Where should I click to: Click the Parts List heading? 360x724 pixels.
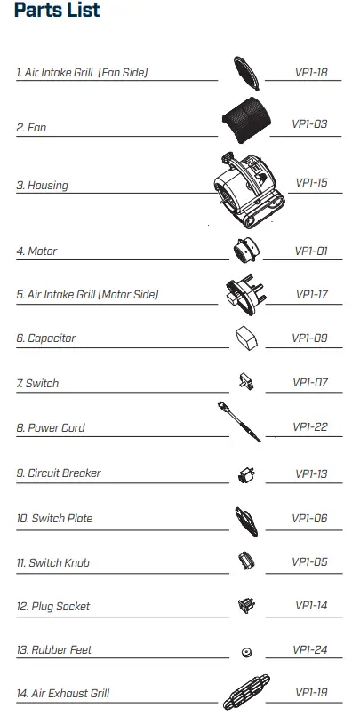[x=57, y=10]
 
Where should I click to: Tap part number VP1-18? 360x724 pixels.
[x=311, y=72]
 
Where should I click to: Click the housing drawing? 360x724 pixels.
[x=250, y=191]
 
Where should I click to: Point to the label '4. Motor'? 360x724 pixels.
[x=37, y=251]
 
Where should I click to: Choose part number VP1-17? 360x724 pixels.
[x=311, y=295]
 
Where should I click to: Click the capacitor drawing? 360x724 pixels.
[x=246, y=338]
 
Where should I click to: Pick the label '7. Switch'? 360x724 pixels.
[x=38, y=383]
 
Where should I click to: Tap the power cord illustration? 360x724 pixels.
[x=239, y=422]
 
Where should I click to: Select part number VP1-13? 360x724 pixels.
[x=311, y=473]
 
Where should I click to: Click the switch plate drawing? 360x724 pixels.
[x=246, y=521]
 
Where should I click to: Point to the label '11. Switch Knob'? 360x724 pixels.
[x=53, y=563]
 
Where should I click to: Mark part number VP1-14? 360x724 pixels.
[x=311, y=605]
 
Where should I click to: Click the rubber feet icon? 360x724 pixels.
[x=247, y=652]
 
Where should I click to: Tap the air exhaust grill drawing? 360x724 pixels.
[x=246, y=692]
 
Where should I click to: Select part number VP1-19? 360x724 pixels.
[x=311, y=692]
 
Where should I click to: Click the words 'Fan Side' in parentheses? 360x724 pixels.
[x=123, y=73]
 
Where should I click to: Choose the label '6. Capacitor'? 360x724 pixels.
[x=46, y=338]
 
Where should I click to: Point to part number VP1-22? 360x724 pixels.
[x=310, y=426]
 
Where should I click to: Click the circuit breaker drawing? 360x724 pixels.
[x=246, y=474]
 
